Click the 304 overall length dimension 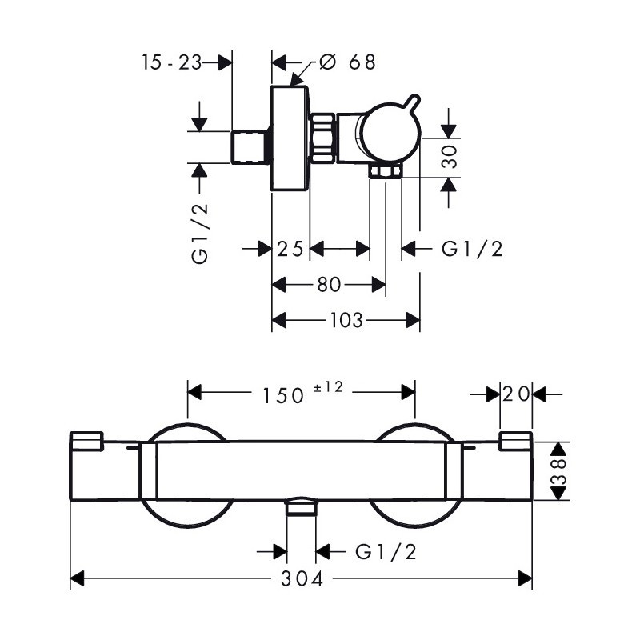click(302, 578)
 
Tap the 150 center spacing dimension click(283, 395)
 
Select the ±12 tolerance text click(328, 386)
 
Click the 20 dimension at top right click(516, 394)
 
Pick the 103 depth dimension click(346, 320)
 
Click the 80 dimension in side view click(329, 285)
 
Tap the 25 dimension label click(290, 249)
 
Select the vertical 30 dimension click(450, 156)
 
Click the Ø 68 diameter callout click(347, 62)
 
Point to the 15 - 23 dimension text click(171, 62)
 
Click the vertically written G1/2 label click(200, 234)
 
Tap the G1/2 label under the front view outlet click(386, 552)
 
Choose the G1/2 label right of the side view click(472, 249)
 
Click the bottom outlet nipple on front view click(302, 507)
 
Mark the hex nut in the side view click(323, 138)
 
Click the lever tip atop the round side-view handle click(414, 98)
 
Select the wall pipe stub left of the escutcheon click(250, 147)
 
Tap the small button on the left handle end click(87, 441)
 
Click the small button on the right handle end click(515, 441)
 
